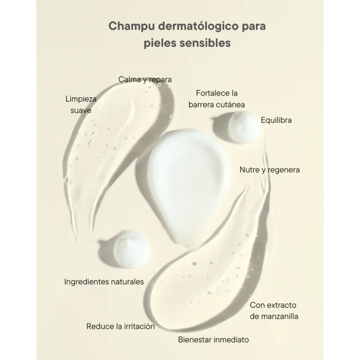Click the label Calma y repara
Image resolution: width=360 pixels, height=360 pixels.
[x=145, y=80]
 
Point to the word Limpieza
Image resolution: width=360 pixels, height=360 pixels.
[x=81, y=99]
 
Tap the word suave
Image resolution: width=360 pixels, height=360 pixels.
[x=81, y=110]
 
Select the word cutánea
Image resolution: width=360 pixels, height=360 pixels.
[x=230, y=105]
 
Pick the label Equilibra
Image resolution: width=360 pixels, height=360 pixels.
[x=276, y=120]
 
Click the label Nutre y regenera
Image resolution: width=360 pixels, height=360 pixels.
[x=270, y=170]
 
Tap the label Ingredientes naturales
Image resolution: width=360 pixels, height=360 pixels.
[x=104, y=282]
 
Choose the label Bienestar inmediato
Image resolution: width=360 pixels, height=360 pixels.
[x=213, y=339]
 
